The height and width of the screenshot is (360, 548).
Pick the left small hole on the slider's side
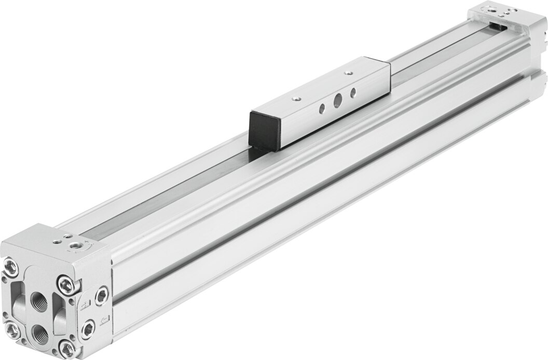point(322,107)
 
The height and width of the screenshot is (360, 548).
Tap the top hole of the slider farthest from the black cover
point(347,73)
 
